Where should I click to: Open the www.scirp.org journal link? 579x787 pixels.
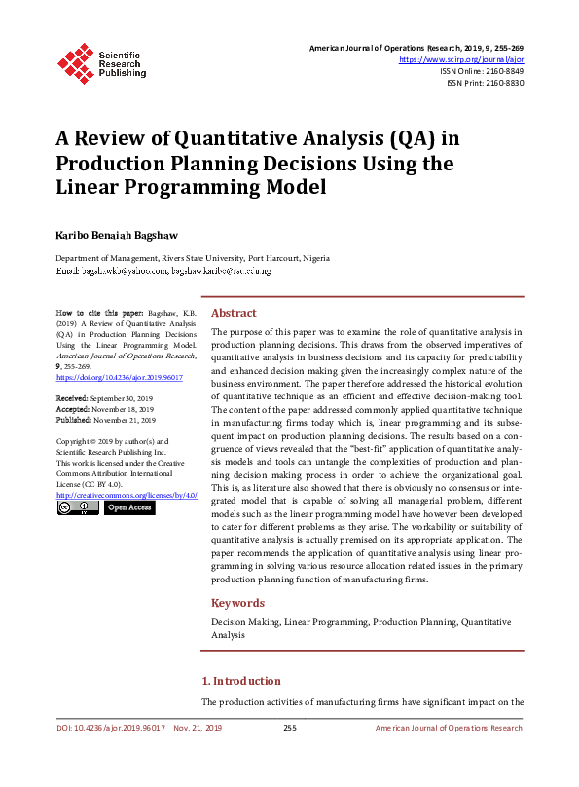pyautogui.click(x=461, y=59)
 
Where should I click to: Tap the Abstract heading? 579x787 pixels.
pyautogui.click(x=234, y=313)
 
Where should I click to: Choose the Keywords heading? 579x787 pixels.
pyautogui.click(x=237, y=603)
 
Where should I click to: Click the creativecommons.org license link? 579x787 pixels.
pyautogui.click(x=127, y=496)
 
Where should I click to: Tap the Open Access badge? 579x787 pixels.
pyautogui.click(x=129, y=507)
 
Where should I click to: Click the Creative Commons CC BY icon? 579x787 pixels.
pyautogui.click(x=77, y=507)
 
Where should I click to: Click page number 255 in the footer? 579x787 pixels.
pyautogui.click(x=289, y=728)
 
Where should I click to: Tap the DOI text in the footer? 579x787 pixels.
pyautogui.click(x=110, y=728)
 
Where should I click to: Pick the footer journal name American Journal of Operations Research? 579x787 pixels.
pyautogui.click(x=449, y=728)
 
